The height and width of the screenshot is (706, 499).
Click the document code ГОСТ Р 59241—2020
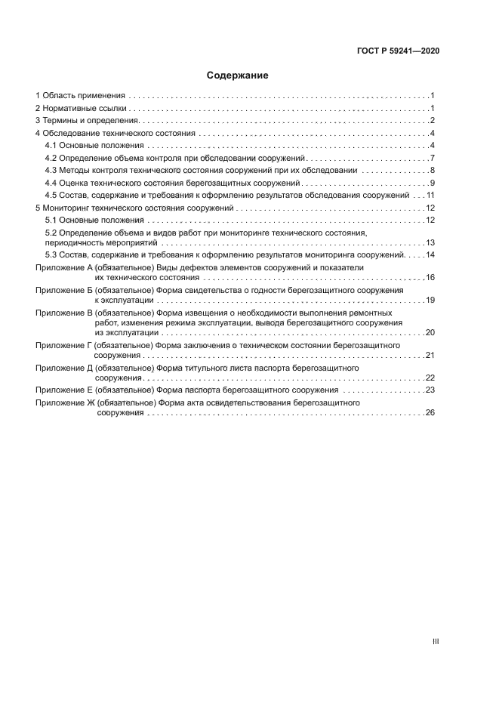click(398, 51)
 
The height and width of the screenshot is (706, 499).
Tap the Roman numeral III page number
click(436, 641)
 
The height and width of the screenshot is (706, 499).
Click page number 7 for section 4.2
click(431, 158)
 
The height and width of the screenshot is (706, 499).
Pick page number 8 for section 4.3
click(431, 170)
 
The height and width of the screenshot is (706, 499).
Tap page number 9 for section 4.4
click(431, 183)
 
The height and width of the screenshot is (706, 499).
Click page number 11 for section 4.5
click(430, 195)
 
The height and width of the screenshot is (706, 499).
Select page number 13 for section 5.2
click(430, 243)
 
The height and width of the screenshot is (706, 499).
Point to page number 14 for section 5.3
click(430, 255)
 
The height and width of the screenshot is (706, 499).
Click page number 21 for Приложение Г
click(430, 355)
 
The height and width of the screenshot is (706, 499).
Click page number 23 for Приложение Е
click(430, 390)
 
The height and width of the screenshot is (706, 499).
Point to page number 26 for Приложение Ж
click(430, 413)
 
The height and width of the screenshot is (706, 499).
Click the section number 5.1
click(52, 220)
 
